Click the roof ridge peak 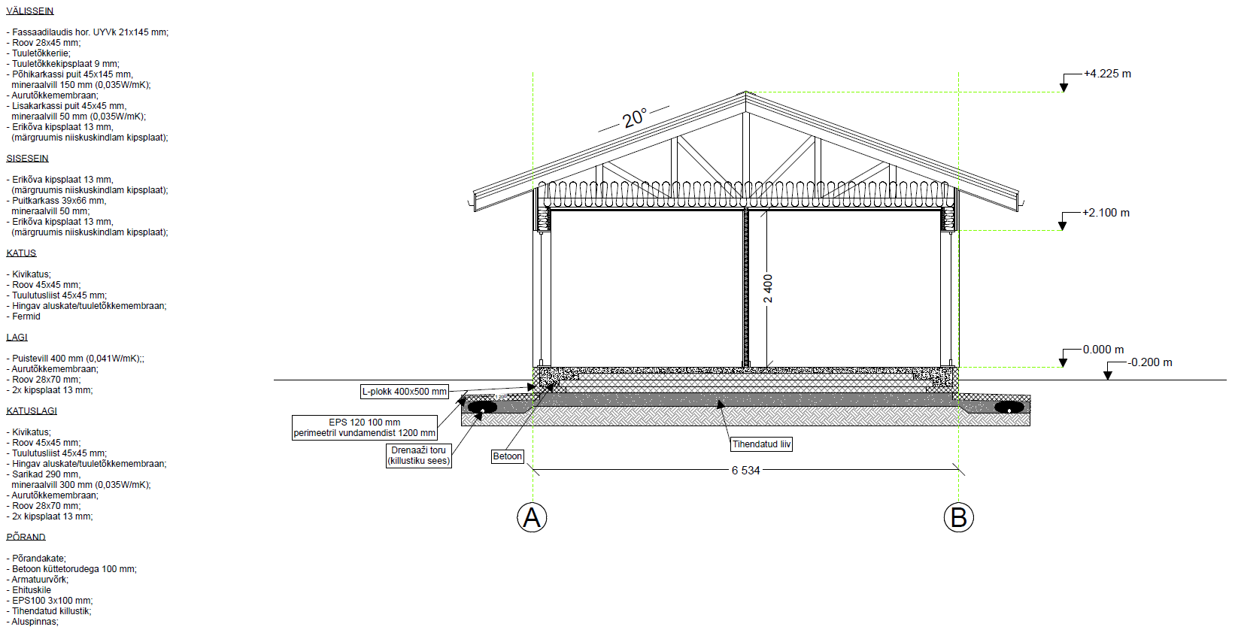(x=745, y=92)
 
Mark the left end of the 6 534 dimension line (x=533, y=470)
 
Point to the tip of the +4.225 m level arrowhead (x=1064, y=92)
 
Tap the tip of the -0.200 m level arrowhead (x=1108, y=380)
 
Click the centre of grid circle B (x=958, y=517)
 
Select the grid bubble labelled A (x=533, y=517)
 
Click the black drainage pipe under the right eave (x=1009, y=407)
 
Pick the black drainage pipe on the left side (x=482, y=407)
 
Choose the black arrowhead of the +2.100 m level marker (x=1062, y=226)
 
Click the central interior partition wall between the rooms (x=745, y=287)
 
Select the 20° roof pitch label (x=634, y=118)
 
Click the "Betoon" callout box (x=508, y=456)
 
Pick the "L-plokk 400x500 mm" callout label (x=404, y=392)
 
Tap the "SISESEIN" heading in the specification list (x=28, y=159)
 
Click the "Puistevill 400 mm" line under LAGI (x=75, y=359)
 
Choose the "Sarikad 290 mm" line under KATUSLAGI (x=43, y=474)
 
